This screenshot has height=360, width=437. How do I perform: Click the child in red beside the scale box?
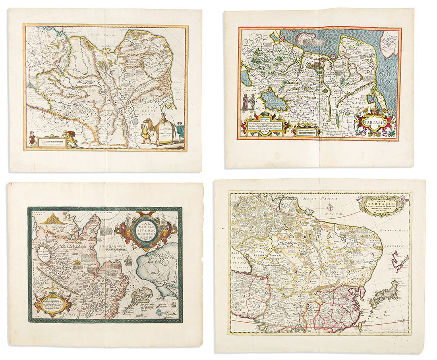31,140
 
